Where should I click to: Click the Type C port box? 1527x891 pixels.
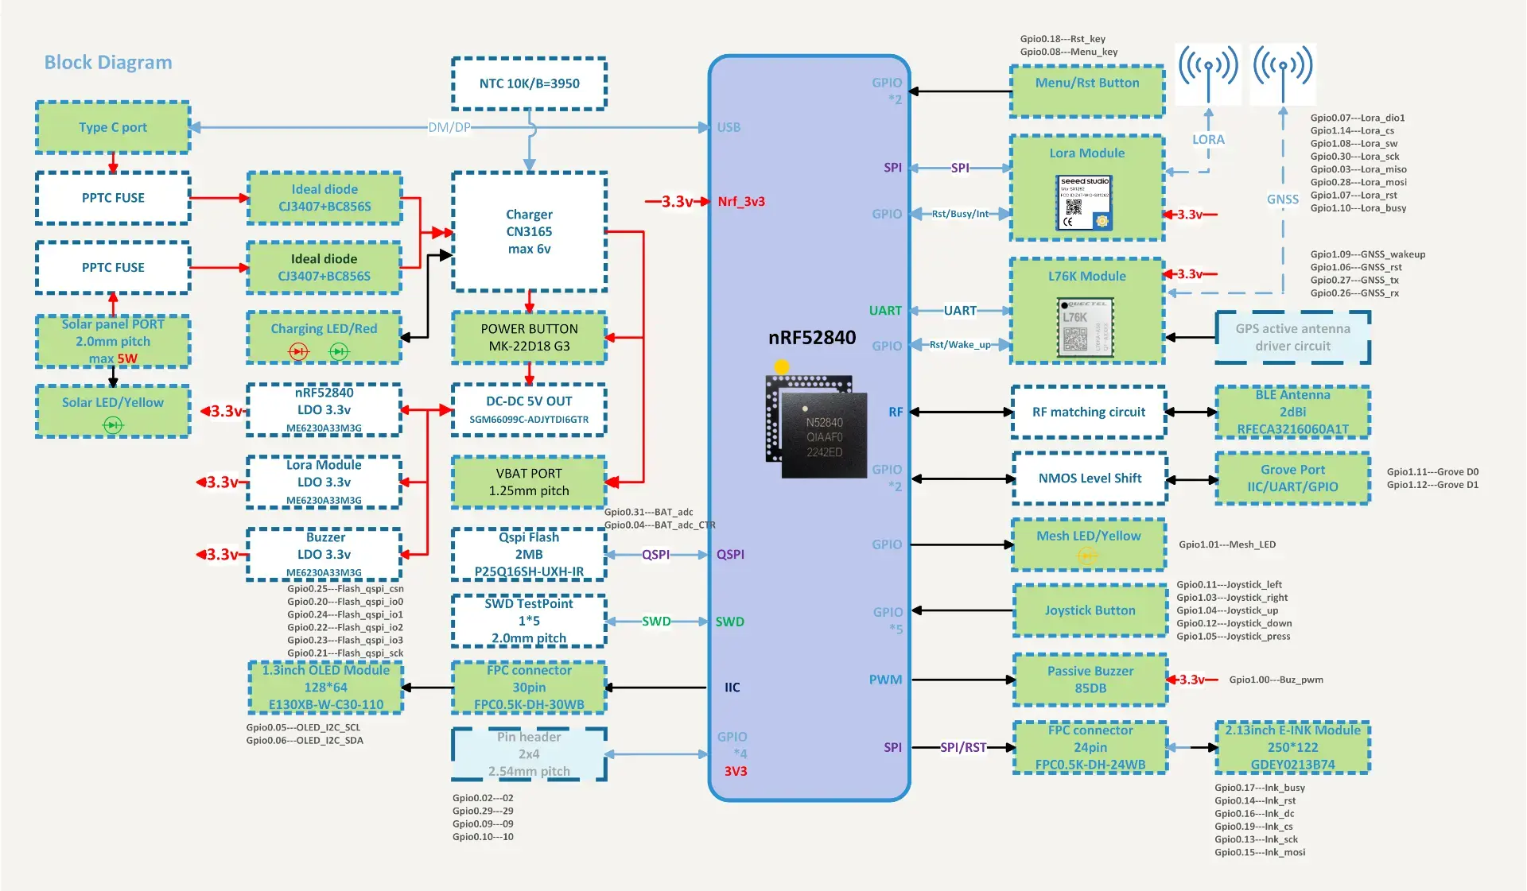[x=113, y=127]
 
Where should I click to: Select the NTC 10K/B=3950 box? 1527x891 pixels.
[x=529, y=83]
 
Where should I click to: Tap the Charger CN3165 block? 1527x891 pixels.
[x=529, y=231]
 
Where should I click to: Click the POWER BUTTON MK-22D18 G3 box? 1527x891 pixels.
[x=529, y=338]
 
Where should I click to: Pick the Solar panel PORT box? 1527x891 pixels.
[x=113, y=341]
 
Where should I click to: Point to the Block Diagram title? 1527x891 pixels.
[x=108, y=62]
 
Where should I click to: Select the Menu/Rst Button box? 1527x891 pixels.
[x=1087, y=91]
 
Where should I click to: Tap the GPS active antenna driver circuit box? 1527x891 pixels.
[x=1292, y=338]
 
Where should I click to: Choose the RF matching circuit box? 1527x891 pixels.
[x=1089, y=412]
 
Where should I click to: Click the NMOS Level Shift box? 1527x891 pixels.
[x=1090, y=478]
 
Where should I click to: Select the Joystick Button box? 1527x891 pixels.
[x=1090, y=610]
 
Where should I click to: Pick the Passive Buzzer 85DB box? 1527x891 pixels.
[x=1090, y=680]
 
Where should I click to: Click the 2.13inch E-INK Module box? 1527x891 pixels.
[x=1292, y=747]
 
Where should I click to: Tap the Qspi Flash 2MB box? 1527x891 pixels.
[x=529, y=554]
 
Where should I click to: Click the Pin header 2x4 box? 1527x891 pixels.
[x=529, y=753]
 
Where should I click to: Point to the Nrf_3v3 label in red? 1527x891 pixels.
[x=741, y=202]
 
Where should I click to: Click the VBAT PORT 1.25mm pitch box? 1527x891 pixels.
[x=529, y=482]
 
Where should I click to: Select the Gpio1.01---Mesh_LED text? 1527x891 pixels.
[x=1226, y=544]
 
